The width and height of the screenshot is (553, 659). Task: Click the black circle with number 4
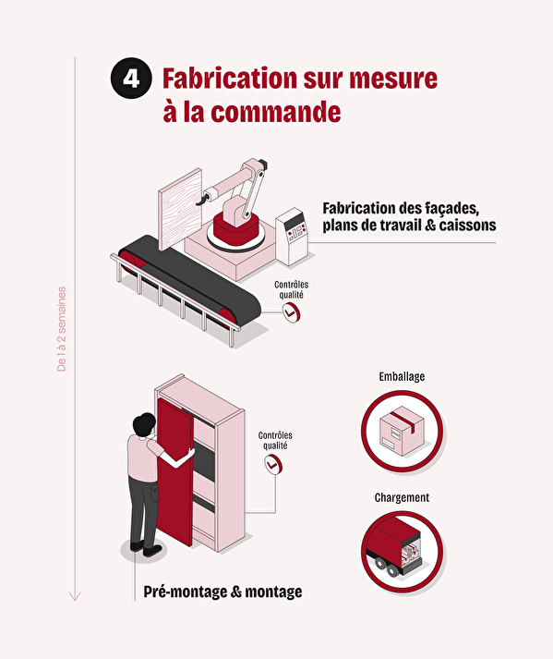coord(131,79)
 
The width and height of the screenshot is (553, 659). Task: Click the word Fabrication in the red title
coord(230,79)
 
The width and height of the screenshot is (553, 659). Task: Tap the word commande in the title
coord(275,112)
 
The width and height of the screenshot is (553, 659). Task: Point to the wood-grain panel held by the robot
coord(180,209)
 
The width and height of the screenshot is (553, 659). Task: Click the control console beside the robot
coord(293,237)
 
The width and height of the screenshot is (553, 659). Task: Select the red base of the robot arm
coord(235,229)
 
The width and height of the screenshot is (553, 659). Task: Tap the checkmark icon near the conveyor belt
coord(291,312)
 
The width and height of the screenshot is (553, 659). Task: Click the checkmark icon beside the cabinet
coord(273,465)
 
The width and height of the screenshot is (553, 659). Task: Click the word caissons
coord(467,226)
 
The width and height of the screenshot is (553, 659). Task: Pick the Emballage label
coord(402,376)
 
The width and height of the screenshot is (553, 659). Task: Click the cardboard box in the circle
coord(402,431)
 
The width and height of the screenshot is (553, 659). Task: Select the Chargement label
coord(402,497)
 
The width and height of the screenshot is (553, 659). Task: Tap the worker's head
coord(144,425)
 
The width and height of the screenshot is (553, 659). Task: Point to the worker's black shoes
coord(146,548)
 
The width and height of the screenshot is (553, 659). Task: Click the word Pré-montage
coord(186,592)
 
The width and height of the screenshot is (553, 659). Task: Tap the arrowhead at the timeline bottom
coord(75,596)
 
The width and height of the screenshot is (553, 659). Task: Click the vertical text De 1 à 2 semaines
coord(61,329)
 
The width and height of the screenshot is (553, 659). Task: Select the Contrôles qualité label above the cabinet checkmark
coord(275,441)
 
